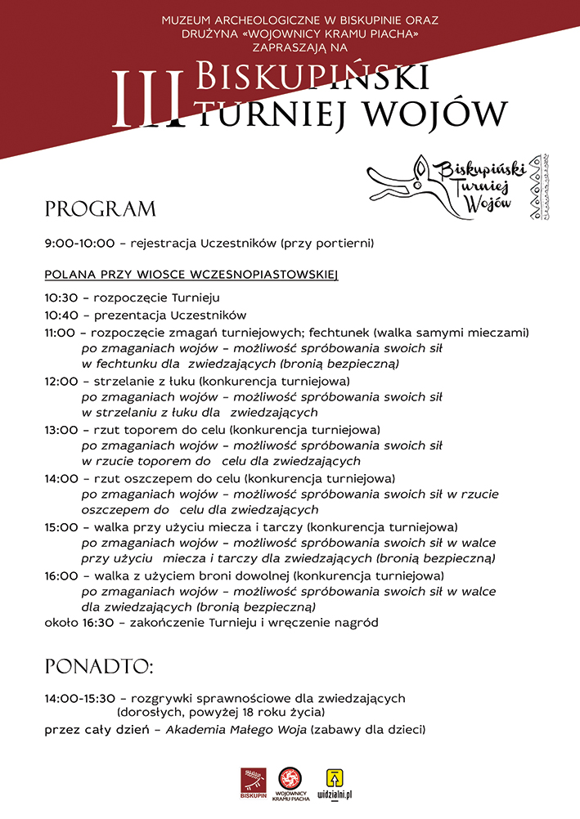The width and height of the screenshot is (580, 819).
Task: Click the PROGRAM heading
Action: tap(100, 209)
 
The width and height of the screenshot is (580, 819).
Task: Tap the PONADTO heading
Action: tap(99, 666)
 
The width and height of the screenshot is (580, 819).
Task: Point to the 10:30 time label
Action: tap(61, 298)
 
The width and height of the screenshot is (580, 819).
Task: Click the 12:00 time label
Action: tap(61, 381)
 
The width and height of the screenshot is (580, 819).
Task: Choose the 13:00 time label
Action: tap(61, 429)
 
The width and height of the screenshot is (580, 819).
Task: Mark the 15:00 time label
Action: tap(61, 527)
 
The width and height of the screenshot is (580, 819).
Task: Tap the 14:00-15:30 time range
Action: tap(80, 698)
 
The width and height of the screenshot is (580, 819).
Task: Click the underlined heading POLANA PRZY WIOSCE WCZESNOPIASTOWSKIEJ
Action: tap(191, 274)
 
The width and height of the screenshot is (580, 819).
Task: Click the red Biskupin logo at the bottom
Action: tap(254, 782)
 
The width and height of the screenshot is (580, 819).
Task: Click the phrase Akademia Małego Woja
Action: tap(236, 729)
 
